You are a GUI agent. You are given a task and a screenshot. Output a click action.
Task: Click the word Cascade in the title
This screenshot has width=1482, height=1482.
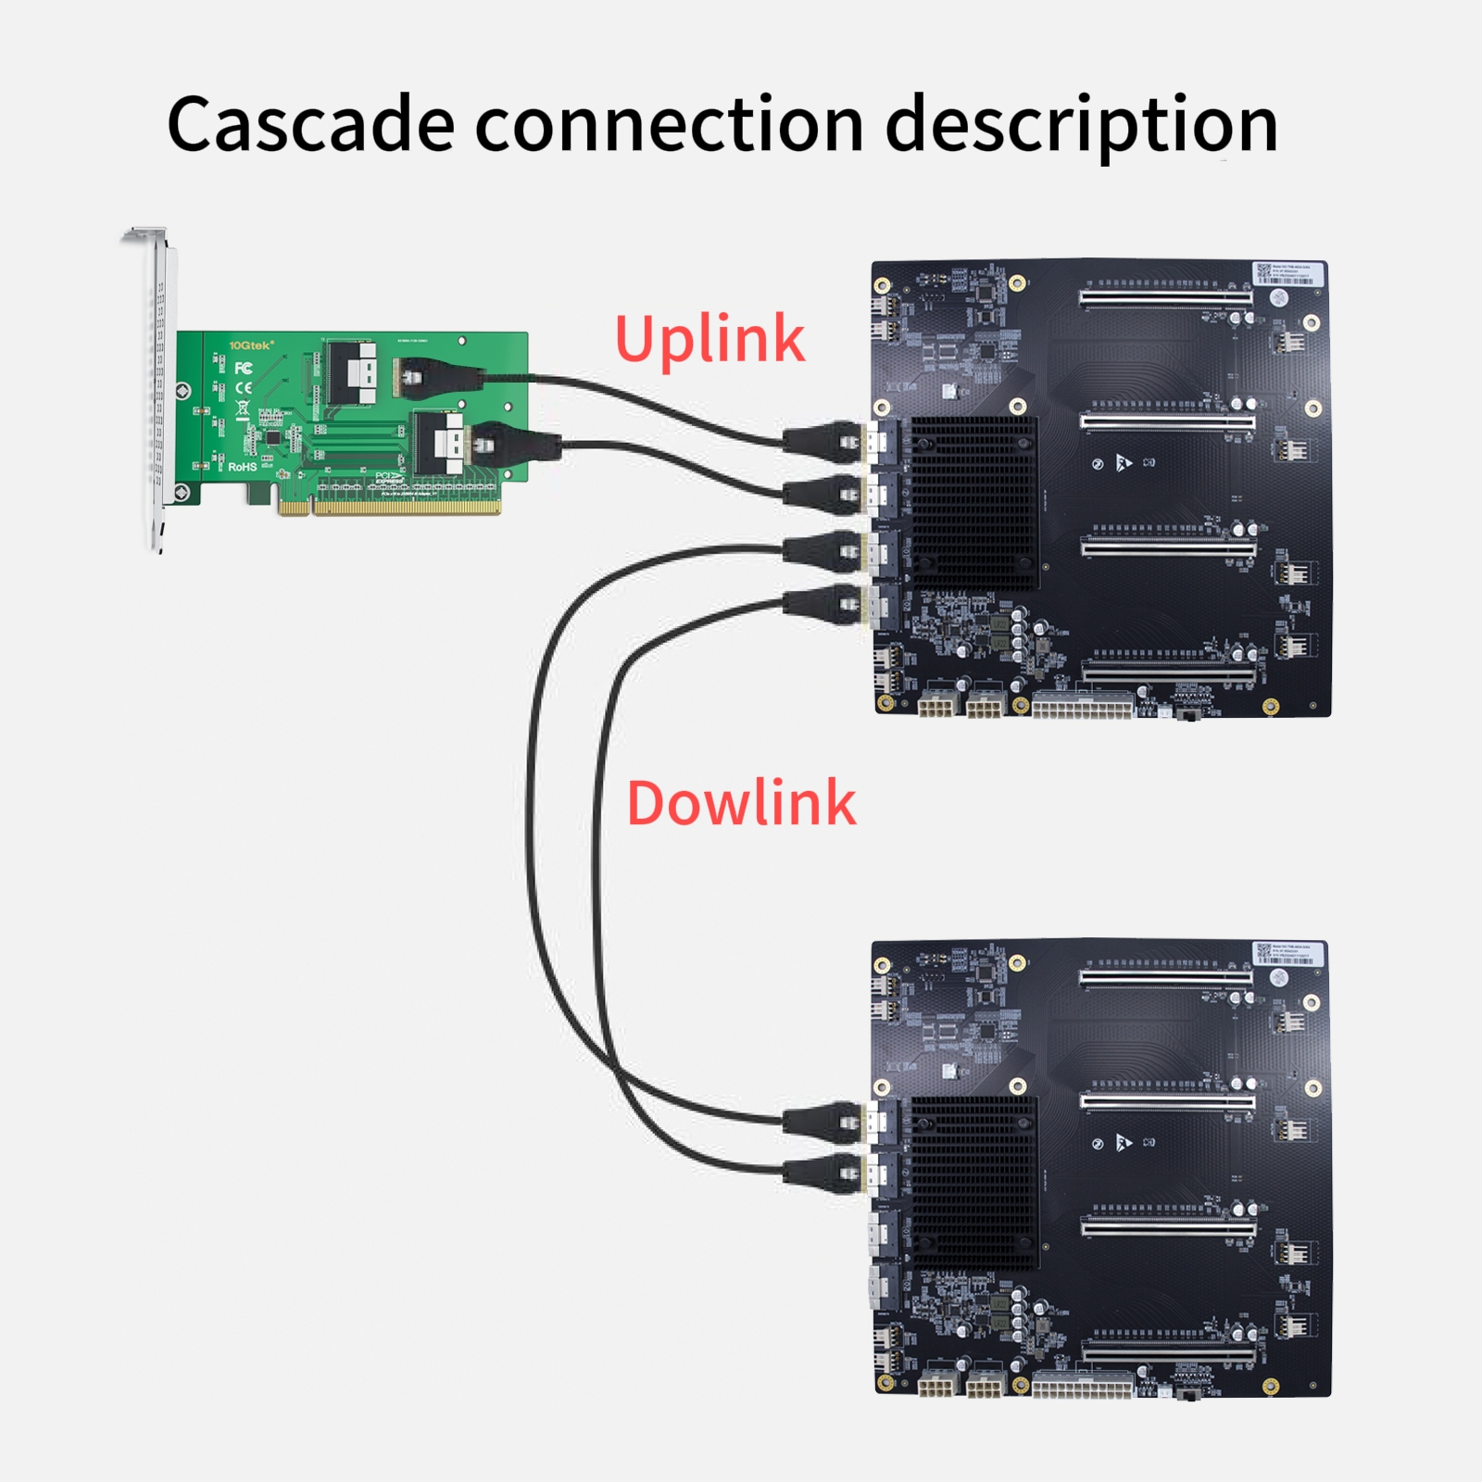(x=310, y=125)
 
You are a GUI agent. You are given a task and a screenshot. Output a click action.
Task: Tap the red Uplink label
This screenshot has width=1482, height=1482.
(x=710, y=339)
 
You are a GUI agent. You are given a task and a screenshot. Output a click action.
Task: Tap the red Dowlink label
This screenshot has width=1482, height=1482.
(x=741, y=803)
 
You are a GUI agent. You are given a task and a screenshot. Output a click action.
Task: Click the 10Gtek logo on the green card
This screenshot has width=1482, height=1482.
(x=251, y=345)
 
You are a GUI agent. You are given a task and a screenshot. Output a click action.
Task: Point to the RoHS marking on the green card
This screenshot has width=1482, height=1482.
(x=243, y=467)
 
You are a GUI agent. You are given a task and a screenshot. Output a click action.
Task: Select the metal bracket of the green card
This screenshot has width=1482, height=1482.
(x=157, y=389)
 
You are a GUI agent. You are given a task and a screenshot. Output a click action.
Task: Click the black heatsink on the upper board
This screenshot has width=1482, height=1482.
(x=974, y=502)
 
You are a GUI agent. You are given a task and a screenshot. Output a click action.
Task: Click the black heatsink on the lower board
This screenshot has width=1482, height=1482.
(x=974, y=1182)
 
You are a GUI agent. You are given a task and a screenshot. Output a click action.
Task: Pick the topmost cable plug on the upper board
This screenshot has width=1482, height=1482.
(x=823, y=439)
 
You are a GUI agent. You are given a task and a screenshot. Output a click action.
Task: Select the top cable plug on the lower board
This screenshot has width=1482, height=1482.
(x=823, y=1120)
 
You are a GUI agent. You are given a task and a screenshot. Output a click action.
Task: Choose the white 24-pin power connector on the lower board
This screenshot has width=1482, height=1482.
(x=1082, y=1387)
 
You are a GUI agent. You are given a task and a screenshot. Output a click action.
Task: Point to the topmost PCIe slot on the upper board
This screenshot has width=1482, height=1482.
(x=1165, y=298)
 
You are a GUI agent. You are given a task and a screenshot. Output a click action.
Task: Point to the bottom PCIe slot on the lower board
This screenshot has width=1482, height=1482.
(x=1169, y=1355)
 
